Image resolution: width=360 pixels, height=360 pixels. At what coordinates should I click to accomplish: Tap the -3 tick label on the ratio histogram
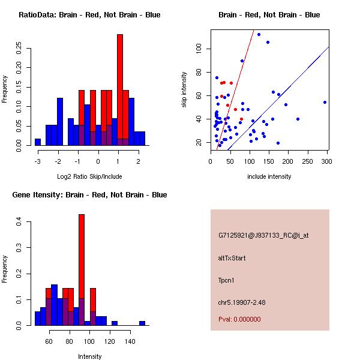tap(37, 161)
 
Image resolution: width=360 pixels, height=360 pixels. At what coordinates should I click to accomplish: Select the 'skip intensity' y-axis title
tap(184, 90)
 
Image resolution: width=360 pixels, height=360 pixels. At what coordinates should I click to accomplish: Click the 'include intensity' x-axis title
tap(269, 176)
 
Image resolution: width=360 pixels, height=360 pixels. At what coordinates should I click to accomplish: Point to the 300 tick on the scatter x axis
tap(327, 161)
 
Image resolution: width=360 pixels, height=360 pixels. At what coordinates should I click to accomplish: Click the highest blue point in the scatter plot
tap(259, 34)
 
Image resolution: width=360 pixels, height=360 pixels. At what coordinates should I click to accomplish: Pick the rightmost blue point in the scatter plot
tap(325, 102)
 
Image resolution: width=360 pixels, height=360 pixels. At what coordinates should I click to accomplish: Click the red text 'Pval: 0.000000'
tap(239, 319)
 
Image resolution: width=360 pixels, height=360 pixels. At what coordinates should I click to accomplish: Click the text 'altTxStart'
tap(232, 258)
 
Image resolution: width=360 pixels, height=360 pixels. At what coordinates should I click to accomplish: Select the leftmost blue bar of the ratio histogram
tap(38, 142)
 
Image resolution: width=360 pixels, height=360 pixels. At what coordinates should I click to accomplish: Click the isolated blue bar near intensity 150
tap(142, 323)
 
